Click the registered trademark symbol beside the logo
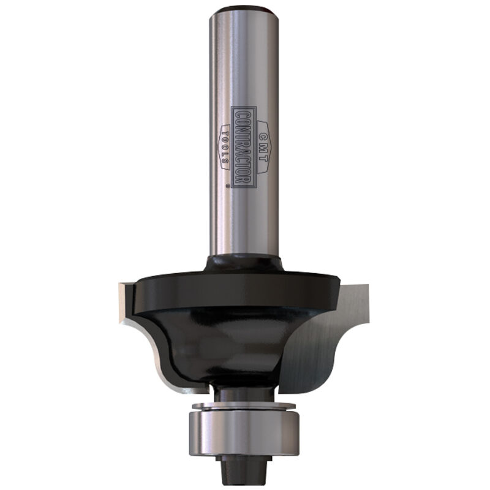click(x=227, y=184)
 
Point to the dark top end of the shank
click(x=243, y=9)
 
